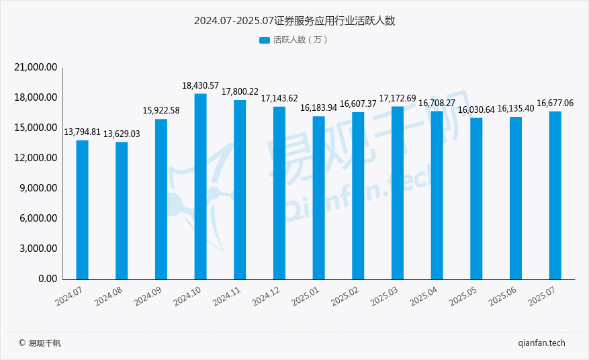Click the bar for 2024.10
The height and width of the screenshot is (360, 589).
tap(200, 186)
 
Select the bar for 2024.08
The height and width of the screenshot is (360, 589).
tap(122, 210)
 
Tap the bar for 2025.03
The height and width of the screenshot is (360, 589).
tap(398, 192)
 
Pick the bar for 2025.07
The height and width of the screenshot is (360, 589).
tap(555, 195)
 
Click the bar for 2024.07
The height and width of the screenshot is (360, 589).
tap(82, 210)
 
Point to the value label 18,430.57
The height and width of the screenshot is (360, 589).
tap(200, 86)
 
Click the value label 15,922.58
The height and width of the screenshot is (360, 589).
tap(161, 111)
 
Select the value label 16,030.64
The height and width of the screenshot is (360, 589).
tap(476, 109)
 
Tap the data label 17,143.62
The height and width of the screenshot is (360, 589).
tap(279, 99)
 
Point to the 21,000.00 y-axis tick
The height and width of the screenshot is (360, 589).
tap(37, 68)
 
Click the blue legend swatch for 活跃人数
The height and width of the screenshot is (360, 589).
tap(264, 40)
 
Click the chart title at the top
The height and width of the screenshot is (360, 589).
tap(294, 21)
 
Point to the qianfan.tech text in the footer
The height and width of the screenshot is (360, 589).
tap(542, 343)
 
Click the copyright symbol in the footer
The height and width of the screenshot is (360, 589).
tap(21, 343)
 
